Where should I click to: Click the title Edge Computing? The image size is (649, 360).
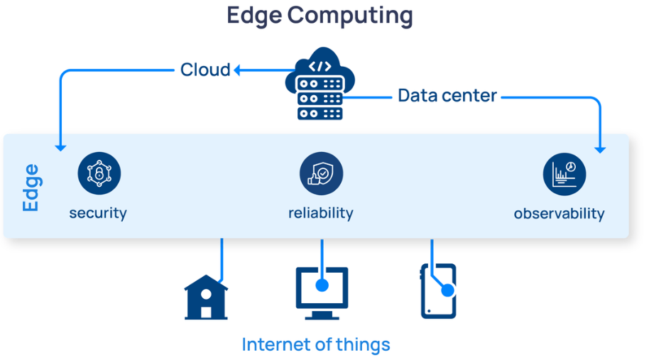pyautogui.click(x=320, y=15)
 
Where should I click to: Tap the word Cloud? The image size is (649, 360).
pyautogui.click(x=205, y=70)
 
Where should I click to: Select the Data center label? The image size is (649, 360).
pyautogui.click(x=447, y=95)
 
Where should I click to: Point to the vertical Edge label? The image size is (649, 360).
pyautogui.click(x=31, y=187)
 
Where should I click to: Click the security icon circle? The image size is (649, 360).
pyautogui.click(x=99, y=173)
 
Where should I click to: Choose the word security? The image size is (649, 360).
pyautogui.click(x=98, y=212)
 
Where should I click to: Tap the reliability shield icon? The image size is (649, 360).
pyautogui.click(x=321, y=173)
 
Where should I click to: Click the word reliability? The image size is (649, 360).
pyautogui.click(x=320, y=212)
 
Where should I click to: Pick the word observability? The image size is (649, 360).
pyautogui.click(x=559, y=213)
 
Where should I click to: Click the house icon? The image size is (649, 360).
pyautogui.click(x=206, y=298)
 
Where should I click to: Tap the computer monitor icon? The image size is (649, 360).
pyautogui.click(x=322, y=291)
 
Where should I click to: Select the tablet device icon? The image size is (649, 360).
pyautogui.click(x=438, y=291)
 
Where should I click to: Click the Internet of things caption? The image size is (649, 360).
pyautogui.click(x=316, y=344)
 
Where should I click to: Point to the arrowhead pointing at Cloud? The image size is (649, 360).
pyautogui.click(x=239, y=70)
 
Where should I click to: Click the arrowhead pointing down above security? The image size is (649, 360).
pyautogui.click(x=60, y=146)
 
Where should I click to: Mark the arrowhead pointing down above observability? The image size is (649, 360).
pyautogui.click(x=600, y=148)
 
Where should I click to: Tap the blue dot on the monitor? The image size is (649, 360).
pyautogui.click(x=322, y=285)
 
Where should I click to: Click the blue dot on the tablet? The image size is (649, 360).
pyautogui.click(x=447, y=290)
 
